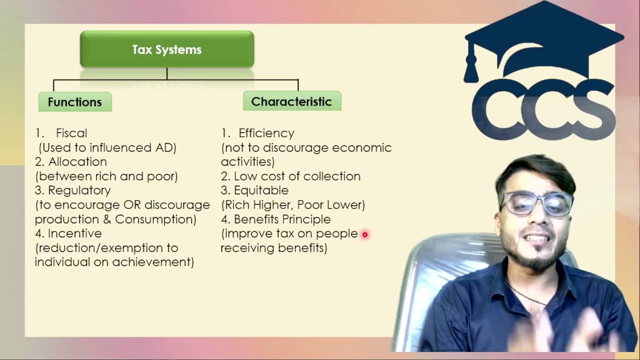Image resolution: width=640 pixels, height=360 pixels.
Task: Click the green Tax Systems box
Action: pos(167,49)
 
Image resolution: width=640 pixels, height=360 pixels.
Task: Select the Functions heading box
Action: pos(75,102)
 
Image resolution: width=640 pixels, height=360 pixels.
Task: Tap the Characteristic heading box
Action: pos(291,101)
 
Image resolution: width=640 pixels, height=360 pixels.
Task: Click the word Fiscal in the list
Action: pos(71,133)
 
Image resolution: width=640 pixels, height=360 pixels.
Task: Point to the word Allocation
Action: pos(77,162)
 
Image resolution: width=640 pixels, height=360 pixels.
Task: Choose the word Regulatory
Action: pos(79,190)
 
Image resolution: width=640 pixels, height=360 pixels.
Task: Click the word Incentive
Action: pos(74,233)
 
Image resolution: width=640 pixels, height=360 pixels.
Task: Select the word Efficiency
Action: pos(266,133)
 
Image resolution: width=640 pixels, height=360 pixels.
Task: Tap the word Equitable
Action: pos(261,190)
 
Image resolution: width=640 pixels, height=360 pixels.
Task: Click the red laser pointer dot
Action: pos(365,234)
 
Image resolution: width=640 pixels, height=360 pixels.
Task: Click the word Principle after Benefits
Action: pos(306,219)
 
